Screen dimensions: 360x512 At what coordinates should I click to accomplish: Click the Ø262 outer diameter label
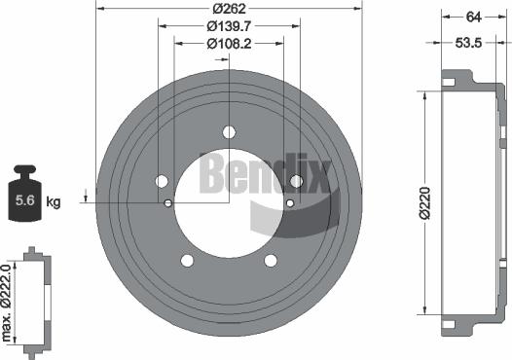click(229, 9)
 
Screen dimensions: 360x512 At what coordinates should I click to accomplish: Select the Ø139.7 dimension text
click(229, 26)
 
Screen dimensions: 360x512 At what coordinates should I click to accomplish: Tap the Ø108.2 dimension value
click(229, 44)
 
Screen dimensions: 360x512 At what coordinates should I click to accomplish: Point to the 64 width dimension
click(474, 16)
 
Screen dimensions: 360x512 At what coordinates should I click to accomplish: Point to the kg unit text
click(54, 202)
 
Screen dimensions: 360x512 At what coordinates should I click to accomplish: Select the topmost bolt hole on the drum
click(229, 132)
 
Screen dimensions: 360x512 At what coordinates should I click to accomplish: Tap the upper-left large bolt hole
click(162, 180)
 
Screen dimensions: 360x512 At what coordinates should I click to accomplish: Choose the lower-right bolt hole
click(271, 259)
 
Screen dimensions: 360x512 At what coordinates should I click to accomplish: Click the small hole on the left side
click(168, 202)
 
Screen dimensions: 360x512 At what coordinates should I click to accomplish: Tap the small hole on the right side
click(289, 202)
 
